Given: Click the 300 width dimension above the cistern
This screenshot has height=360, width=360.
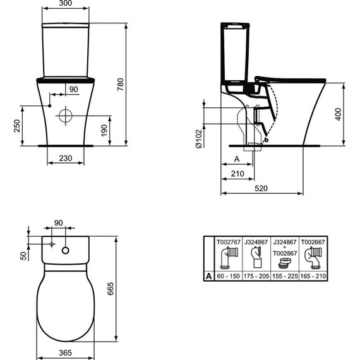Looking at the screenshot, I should click(66, 3).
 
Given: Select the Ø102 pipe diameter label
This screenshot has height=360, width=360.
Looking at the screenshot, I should click(199, 136).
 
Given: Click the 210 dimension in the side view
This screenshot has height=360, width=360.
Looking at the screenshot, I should click(238, 173).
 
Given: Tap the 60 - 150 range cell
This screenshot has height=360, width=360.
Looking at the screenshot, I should click(229, 276).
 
